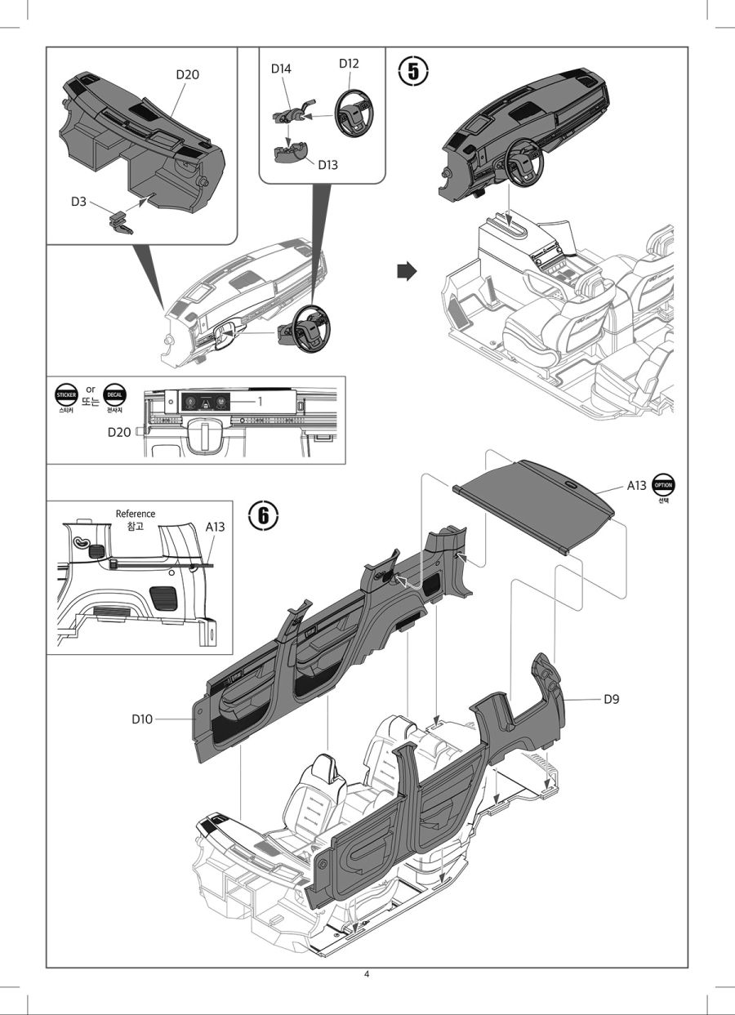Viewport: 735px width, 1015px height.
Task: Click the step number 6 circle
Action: (263, 515)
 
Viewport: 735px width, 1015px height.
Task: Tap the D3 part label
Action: (78, 201)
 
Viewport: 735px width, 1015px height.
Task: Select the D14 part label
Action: (282, 69)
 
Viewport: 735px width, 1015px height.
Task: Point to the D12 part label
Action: (349, 64)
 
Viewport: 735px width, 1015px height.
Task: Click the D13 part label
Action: (327, 165)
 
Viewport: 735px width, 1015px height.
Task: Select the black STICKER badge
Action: (65, 394)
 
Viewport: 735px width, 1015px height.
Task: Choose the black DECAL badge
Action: (115, 394)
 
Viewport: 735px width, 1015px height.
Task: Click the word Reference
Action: (136, 514)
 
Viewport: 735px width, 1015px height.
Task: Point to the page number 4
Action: (367, 973)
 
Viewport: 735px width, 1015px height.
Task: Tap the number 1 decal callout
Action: (260, 402)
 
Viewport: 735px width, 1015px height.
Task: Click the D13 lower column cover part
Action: (290, 153)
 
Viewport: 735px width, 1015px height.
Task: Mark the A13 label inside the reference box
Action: (215, 528)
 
